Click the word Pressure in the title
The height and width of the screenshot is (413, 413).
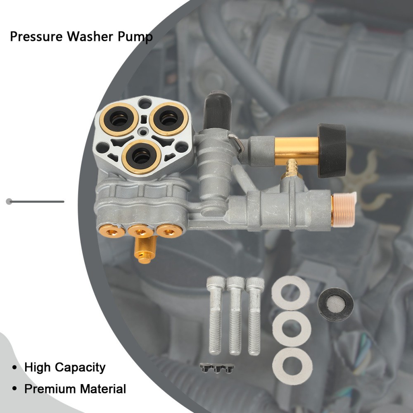[x=36, y=36]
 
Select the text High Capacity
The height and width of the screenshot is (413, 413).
[x=65, y=368]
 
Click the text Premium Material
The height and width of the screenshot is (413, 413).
[x=75, y=389]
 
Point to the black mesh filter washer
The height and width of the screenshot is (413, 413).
[x=335, y=304]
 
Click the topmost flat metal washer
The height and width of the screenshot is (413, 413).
[x=291, y=293]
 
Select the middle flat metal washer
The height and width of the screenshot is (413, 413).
[x=292, y=329]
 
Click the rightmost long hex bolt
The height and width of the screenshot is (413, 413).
[x=254, y=316]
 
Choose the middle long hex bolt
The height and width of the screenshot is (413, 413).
[x=235, y=316]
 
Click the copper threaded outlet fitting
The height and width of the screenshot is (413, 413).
[x=343, y=210]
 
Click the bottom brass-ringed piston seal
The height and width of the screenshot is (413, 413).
[x=141, y=157]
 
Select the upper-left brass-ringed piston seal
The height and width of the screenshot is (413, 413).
[x=119, y=119]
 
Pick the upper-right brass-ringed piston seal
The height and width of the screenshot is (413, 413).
[x=169, y=119]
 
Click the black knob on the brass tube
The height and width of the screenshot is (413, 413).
[x=332, y=151]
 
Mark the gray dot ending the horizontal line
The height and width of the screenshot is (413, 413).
[x=9, y=202]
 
